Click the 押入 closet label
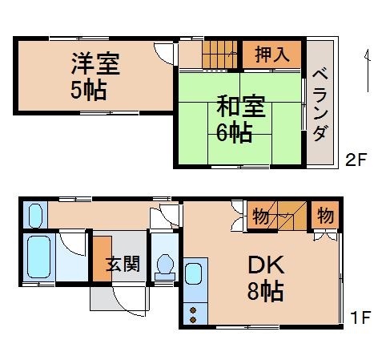(x=272, y=55)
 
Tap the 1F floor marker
(x=359, y=318)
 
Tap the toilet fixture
(x=165, y=265)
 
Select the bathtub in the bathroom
(x=38, y=256)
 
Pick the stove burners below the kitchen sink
(x=193, y=313)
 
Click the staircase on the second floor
(x=218, y=54)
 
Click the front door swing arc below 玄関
(x=127, y=301)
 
